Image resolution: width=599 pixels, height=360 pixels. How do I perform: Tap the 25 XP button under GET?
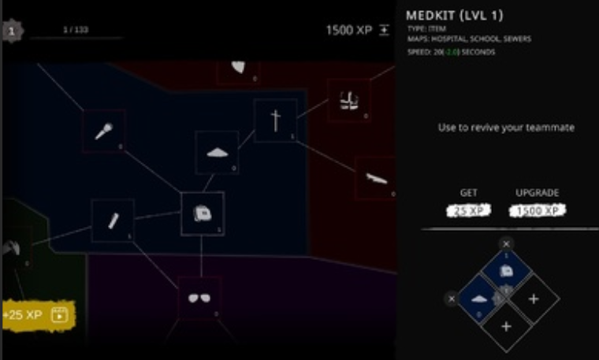(x=468, y=210)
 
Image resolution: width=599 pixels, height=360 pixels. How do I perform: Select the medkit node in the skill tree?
(x=202, y=213)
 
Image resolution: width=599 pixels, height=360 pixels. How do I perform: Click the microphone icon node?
(x=104, y=131)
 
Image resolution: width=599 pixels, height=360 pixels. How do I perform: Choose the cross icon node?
(x=276, y=121)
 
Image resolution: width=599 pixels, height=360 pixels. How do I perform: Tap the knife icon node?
(x=377, y=178)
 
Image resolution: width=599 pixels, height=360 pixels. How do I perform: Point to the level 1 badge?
(x=11, y=32)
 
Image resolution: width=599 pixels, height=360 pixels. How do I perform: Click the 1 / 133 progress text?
(x=76, y=29)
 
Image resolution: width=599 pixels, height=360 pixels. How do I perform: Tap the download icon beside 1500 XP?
(x=384, y=30)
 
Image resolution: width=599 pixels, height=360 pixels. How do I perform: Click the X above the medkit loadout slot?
(x=507, y=243)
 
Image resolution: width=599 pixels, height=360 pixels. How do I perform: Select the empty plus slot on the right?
(x=534, y=299)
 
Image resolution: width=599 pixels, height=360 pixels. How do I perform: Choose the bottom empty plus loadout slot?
(x=506, y=326)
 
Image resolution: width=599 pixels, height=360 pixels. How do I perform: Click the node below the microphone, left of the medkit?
(x=112, y=220)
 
